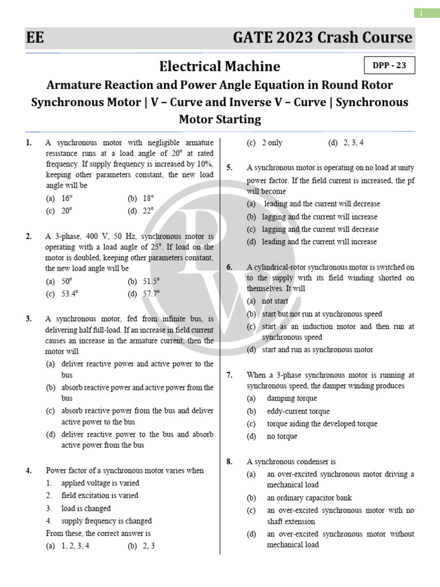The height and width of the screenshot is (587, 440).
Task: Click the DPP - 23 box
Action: (x=389, y=65)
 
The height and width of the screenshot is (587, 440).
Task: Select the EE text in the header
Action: (x=35, y=38)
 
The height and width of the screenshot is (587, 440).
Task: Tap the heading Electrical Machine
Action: (x=220, y=66)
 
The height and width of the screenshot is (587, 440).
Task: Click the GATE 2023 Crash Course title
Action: (x=322, y=38)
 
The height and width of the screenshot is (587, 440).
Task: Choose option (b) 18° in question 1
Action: (x=141, y=198)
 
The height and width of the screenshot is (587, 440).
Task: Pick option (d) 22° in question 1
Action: (x=141, y=210)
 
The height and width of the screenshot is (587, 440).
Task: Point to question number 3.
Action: (x=29, y=319)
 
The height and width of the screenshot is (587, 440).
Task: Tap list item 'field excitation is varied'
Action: (x=100, y=495)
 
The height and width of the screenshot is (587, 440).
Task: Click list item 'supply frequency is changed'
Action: (x=107, y=521)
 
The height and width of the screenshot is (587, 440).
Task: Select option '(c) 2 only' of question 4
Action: (x=265, y=143)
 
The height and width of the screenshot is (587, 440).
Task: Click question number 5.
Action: (x=230, y=168)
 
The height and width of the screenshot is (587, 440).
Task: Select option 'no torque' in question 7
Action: (x=282, y=436)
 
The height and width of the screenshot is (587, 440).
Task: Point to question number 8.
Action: (x=230, y=461)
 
